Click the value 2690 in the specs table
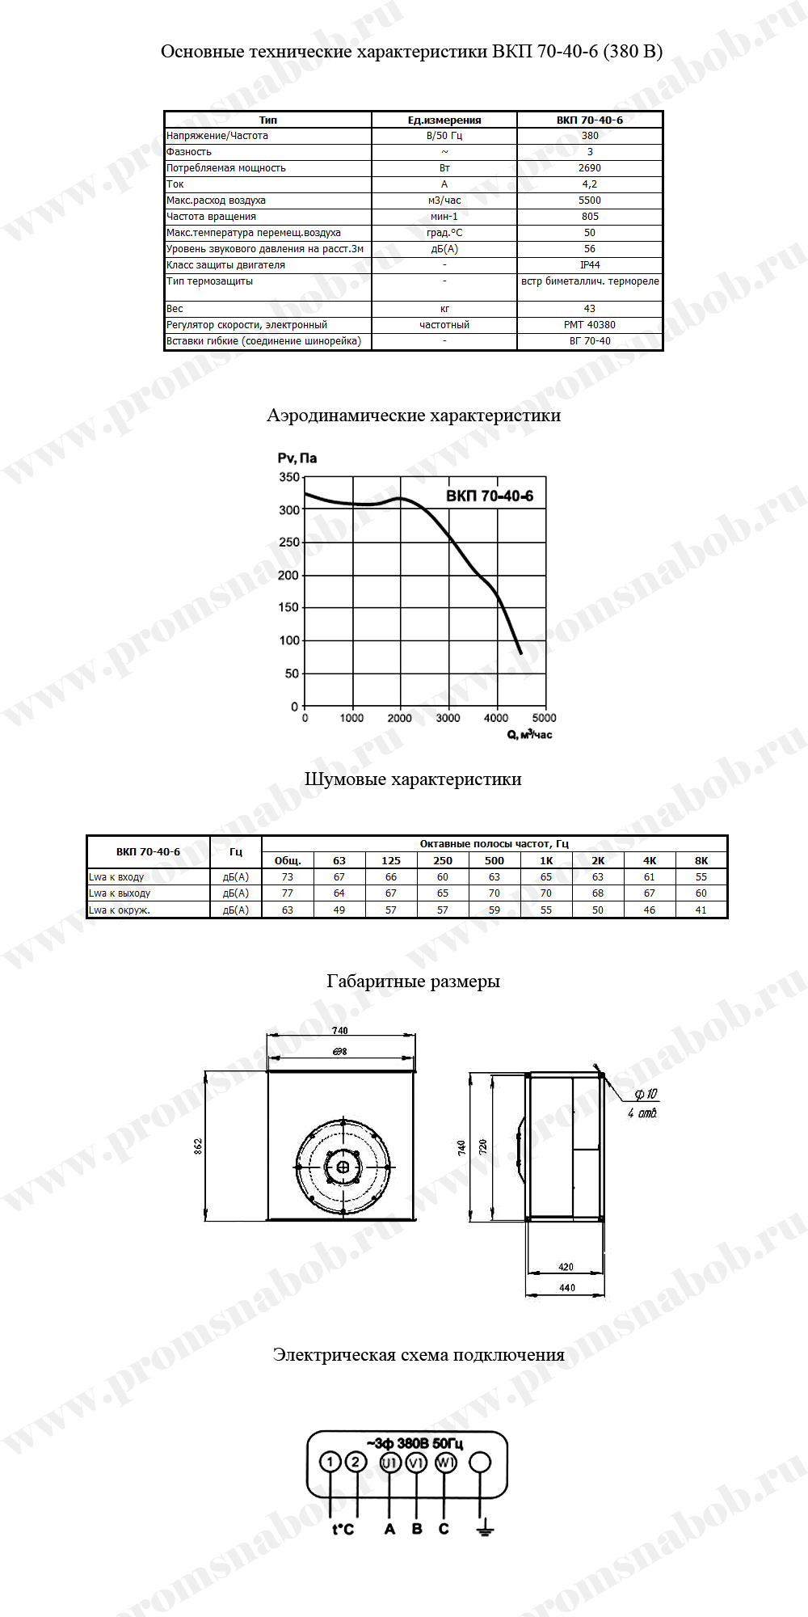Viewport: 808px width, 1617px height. (x=590, y=168)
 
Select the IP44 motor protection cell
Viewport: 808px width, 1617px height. (x=590, y=265)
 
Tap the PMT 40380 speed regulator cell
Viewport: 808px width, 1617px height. (x=590, y=325)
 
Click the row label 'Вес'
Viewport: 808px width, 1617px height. (x=175, y=309)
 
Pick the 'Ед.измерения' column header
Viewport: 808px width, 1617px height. (x=444, y=120)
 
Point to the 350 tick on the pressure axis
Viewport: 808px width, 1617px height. (x=289, y=477)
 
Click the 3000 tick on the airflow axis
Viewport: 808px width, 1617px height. (x=448, y=718)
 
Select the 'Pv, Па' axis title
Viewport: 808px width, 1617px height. (x=297, y=458)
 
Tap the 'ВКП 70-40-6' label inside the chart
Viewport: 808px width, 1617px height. (x=490, y=496)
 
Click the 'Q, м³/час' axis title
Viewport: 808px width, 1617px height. (x=530, y=734)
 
